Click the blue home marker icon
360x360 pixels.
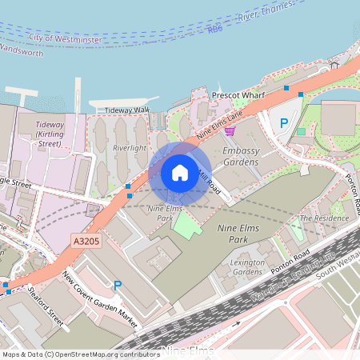click(180, 172)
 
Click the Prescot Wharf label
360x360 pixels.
click(238, 95)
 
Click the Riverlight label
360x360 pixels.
click(129, 148)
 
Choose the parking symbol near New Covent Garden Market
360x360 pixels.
click(118, 286)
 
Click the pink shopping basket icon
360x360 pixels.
click(230, 130)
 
